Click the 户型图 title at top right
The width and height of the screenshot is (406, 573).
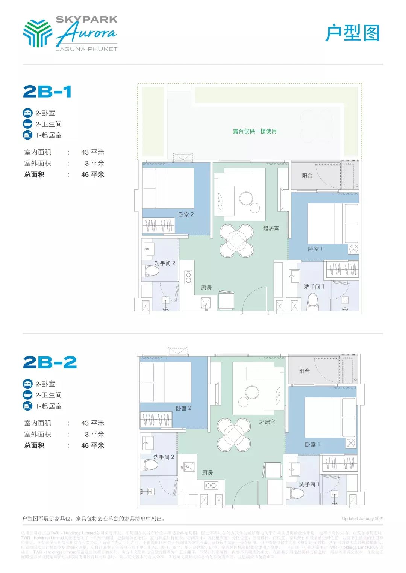(x=352, y=33)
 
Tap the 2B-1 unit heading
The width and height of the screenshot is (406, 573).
(x=47, y=92)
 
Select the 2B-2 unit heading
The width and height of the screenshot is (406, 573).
(x=50, y=362)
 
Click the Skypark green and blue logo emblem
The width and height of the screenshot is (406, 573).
(x=37, y=33)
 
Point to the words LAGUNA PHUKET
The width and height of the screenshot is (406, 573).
(x=86, y=49)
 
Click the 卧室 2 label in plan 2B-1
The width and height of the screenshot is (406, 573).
(x=186, y=215)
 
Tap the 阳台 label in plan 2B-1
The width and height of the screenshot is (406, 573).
(x=307, y=175)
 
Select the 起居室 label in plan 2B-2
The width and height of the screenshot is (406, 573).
(x=267, y=422)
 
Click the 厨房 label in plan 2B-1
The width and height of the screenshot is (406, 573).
(x=206, y=287)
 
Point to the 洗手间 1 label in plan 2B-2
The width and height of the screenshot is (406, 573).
(x=309, y=484)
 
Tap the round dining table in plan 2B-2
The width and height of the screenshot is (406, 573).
(x=234, y=435)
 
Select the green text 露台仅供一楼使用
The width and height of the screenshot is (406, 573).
(x=255, y=131)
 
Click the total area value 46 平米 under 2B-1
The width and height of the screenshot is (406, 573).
(x=92, y=174)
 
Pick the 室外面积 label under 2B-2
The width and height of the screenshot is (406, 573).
(x=38, y=434)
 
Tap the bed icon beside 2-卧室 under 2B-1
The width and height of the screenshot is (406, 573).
(x=28, y=113)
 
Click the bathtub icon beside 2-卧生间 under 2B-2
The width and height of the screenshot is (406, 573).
(x=28, y=395)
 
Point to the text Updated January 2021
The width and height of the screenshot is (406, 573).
(x=363, y=519)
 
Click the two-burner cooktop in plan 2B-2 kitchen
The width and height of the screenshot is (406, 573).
(x=211, y=485)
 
